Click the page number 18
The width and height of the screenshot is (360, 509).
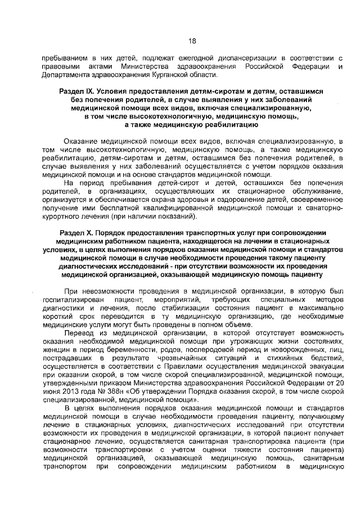tap(191, 40)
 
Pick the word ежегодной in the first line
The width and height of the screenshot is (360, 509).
tap(179, 58)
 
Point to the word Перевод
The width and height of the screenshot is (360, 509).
tap(78, 332)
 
